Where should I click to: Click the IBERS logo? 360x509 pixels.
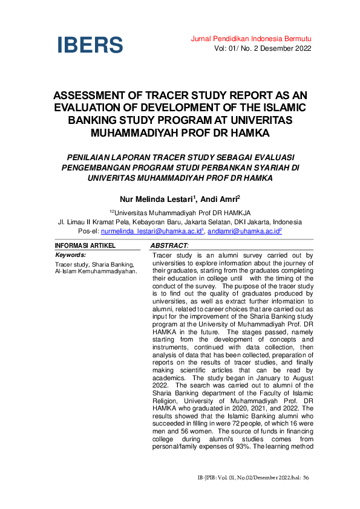[x=90, y=45]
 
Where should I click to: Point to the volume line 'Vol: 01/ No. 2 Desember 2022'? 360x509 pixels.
[x=263, y=48]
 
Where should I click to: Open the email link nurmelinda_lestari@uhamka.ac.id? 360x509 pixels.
[x=152, y=231]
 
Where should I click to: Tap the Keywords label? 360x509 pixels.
[x=70, y=255]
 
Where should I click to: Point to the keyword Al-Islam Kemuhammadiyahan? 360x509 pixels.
[x=96, y=271]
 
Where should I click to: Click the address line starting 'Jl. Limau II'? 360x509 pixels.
[x=180, y=222]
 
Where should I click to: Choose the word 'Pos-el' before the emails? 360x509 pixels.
[x=89, y=231]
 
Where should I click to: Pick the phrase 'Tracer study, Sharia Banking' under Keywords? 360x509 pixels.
[x=94, y=264]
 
